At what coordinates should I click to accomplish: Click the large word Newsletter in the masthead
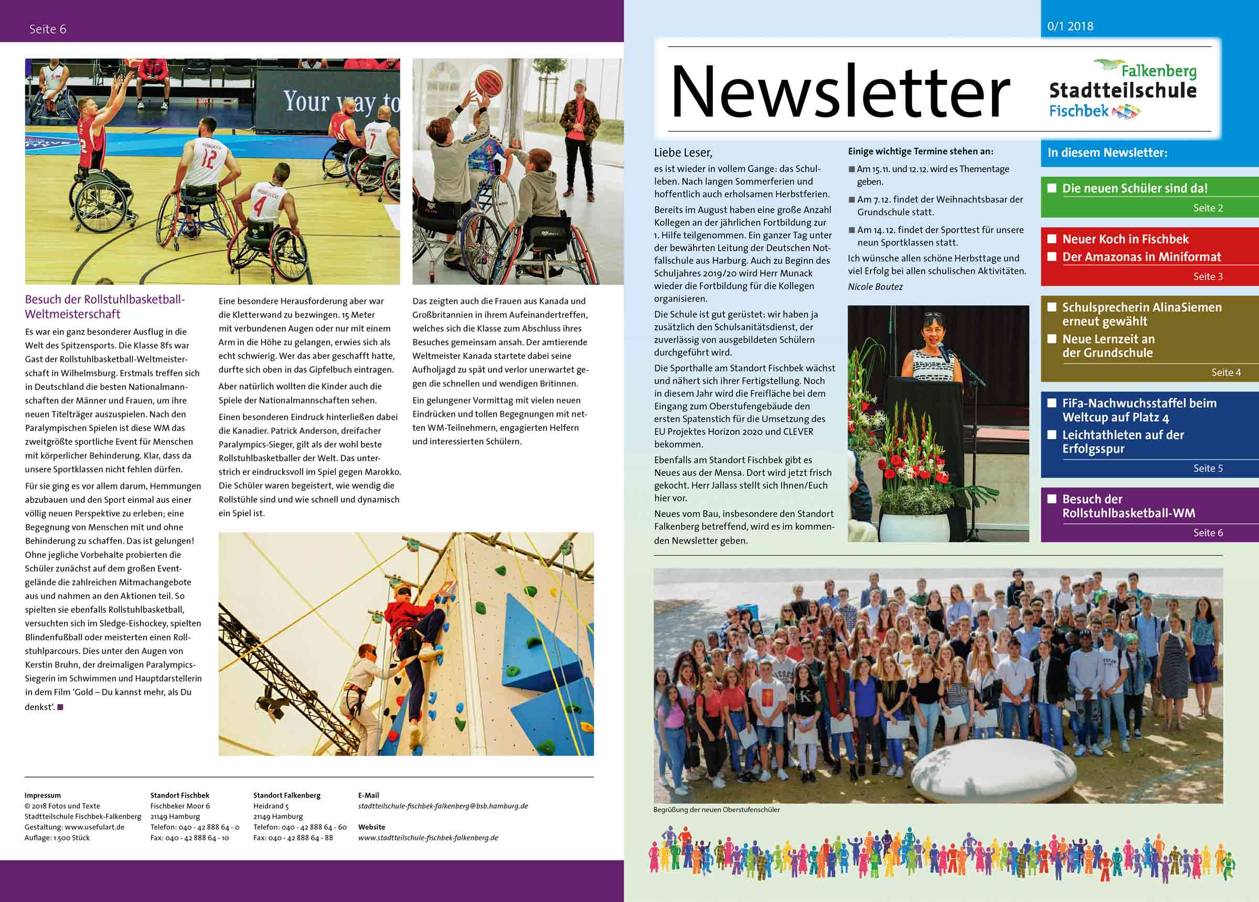pos(839,92)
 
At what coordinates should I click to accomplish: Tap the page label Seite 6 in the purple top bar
pos(48,29)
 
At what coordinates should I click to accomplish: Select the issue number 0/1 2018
pos(1070,26)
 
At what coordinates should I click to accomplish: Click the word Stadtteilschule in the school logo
pos(1123,90)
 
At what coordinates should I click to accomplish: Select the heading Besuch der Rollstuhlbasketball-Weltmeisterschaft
pos(104,306)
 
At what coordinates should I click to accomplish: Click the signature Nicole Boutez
pos(875,286)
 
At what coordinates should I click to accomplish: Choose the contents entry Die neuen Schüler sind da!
pos(1135,188)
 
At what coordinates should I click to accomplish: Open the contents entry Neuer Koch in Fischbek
pos(1125,239)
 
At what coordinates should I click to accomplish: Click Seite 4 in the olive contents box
pos(1226,372)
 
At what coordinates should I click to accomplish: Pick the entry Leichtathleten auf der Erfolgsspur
pos(1123,442)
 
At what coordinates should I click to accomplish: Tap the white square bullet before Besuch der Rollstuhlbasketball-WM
pos(1051,499)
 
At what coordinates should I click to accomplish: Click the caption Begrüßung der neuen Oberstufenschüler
pos(716,810)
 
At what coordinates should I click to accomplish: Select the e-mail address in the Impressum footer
pos(442,806)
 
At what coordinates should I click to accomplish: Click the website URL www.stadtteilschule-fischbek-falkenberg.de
pos(428,837)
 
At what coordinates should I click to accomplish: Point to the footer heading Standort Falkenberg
pos(286,795)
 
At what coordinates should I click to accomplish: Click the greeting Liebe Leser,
pos(683,153)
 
